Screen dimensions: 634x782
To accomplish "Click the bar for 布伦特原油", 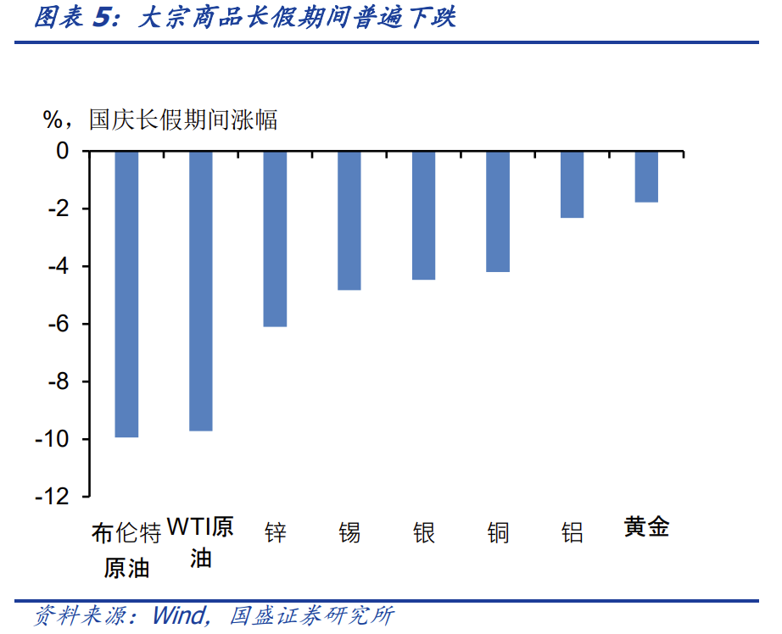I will [x=126, y=294].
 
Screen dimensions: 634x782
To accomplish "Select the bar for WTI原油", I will [x=200, y=291].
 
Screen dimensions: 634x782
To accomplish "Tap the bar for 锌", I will [x=275, y=239].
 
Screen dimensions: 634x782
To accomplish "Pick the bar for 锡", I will [x=349, y=220].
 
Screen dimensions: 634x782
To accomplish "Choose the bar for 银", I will [x=423, y=215].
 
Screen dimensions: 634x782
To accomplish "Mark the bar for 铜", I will [x=498, y=211].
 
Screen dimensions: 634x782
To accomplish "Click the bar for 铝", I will [x=572, y=185].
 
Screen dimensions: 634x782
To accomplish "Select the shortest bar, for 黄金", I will [x=646, y=177].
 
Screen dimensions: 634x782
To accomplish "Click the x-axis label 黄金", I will [x=646, y=527].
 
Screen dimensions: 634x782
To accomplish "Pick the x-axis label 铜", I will [x=498, y=532].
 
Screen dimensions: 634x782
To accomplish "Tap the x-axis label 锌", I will [x=275, y=532].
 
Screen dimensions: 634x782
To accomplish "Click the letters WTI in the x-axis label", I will [x=187, y=527].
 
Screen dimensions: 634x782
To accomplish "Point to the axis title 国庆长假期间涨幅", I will [x=183, y=120].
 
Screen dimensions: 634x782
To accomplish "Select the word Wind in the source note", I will [x=180, y=615].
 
